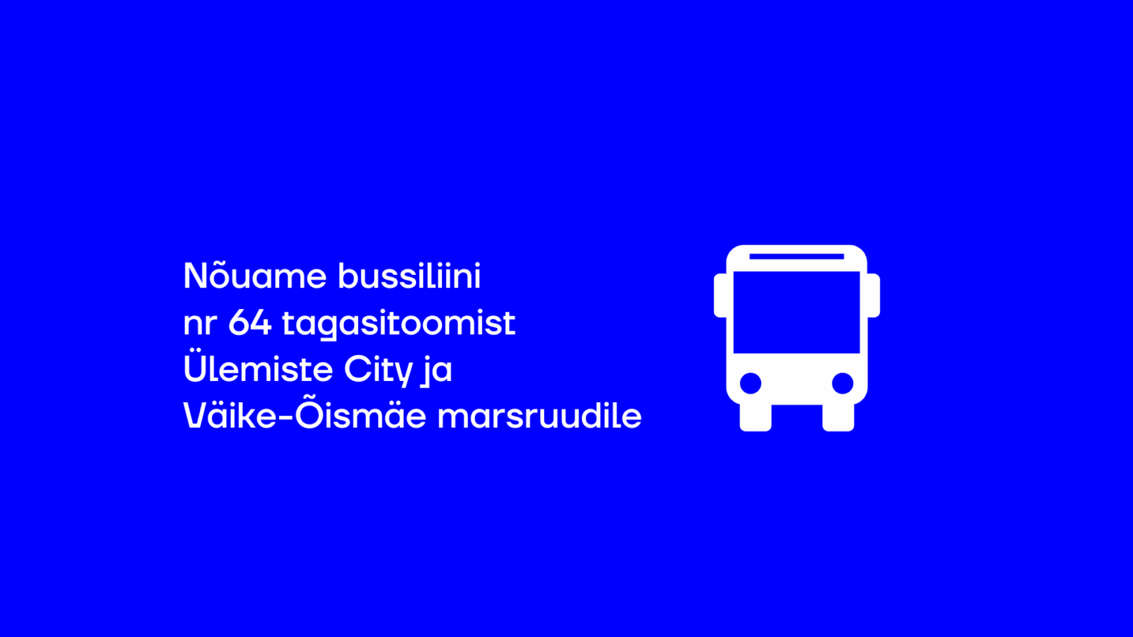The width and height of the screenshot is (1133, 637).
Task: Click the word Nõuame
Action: [255, 275]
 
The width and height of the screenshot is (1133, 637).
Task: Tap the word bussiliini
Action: [409, 275]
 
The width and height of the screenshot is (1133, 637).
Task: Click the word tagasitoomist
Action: [399, 324]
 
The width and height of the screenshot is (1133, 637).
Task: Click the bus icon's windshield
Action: [797, 313]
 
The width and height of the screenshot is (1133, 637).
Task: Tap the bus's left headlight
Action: [750, 383]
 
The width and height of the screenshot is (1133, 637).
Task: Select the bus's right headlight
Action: [843, 383]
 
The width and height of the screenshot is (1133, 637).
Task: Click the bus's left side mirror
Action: [720, 296]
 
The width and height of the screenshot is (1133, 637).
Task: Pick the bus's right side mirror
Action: [874, 296]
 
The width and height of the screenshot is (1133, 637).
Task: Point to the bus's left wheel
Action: [755, 417]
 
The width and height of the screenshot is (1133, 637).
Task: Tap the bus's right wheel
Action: [838, 417]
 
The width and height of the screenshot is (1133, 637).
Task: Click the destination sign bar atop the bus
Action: [797, 257]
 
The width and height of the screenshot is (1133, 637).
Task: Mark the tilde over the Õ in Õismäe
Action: [311, 398]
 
